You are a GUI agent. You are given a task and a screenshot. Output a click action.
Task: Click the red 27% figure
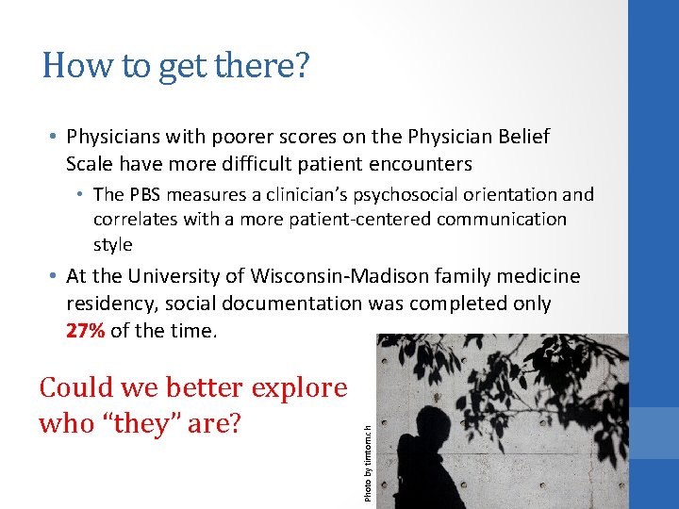pyautogui.click(x=84, y=332)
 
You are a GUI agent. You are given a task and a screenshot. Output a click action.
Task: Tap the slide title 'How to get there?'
pyautogui.click(x=175, y=67)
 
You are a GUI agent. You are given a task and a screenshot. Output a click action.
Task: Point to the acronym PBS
pyautogui.click(x=146, y=195)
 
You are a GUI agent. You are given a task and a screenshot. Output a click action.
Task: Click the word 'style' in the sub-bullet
pyautogui.click(x=113, y=244)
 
